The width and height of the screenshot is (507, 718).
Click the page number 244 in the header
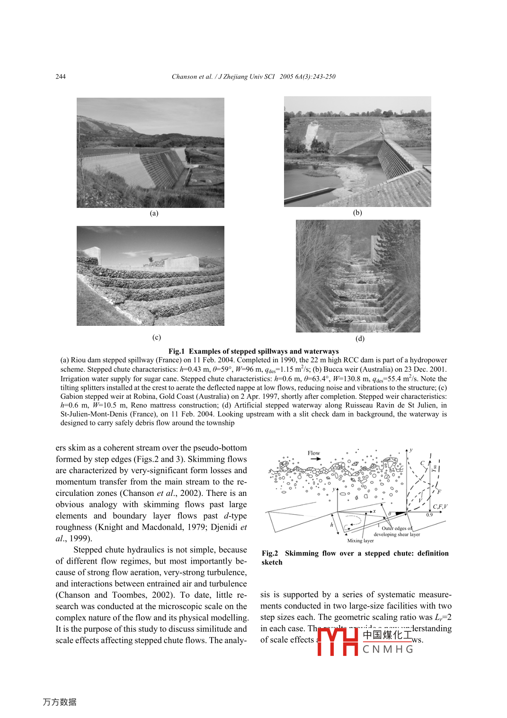(x=61, y=77)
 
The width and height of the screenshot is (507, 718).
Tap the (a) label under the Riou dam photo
(x=154, y=213)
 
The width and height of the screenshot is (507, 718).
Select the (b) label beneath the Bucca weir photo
(x=357, y=213)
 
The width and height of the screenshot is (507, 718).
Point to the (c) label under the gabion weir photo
(x=157, y=337)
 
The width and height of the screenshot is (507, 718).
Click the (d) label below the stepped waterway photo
(x=360, y=338)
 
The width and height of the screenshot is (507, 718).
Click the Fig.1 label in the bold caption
(x=177, y=351)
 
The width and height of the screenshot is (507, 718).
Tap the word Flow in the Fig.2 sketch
(x=313, y=453)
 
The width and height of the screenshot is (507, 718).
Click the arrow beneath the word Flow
(x=315, y=459)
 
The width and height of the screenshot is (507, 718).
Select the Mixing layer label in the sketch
(x=360, y=540)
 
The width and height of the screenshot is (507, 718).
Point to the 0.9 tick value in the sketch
(x=429, y=515)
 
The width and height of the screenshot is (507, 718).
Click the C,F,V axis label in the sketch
(x=440, y=507)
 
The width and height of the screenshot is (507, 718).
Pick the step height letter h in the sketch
(x=331, y=525)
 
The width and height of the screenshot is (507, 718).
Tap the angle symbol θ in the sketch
(x=390, y=514)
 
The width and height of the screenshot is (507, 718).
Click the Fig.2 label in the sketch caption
(x=270, y=553)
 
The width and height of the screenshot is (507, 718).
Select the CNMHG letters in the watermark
(x=388, y=649)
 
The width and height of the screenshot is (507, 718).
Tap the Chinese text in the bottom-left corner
(x=60, y=702)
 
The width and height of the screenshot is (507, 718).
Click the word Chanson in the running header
(x=182, y=77)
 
